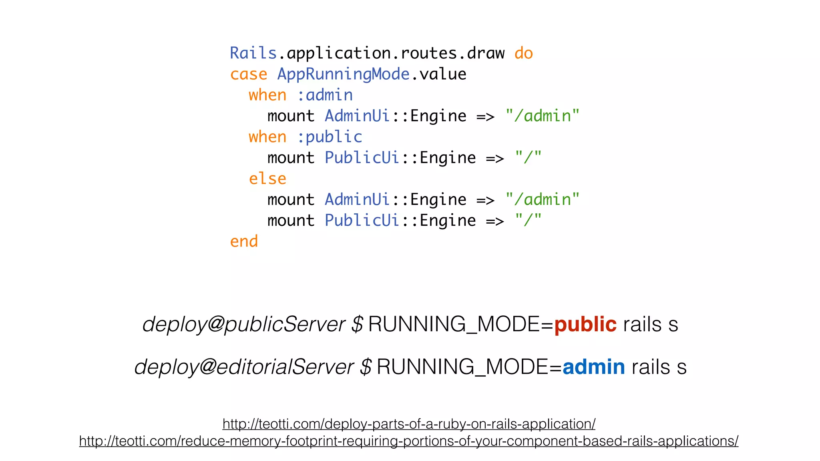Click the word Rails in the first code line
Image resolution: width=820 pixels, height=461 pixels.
[x=253, y=53]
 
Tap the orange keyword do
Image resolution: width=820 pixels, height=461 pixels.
[x=523, y=53]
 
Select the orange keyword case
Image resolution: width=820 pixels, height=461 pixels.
[x=248, y=74]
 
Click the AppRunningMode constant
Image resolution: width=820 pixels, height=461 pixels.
[x=343, y=74]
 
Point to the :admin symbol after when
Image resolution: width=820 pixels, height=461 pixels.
[x=325, y=95]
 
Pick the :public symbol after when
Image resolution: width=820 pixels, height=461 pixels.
[x=330, y=137]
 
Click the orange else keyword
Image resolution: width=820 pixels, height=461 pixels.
[x=267, y=178]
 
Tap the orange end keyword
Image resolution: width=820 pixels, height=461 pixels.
[x=244, y=241]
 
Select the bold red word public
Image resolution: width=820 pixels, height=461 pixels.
[x=585, y=324]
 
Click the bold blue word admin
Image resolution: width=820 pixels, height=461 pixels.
[x=593, y=367]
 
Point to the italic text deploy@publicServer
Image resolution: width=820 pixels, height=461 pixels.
[x=243, y=324]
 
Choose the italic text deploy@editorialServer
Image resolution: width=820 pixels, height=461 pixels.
[x=244, y=367]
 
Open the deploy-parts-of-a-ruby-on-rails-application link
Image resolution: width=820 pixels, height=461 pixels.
[x=409, y=424]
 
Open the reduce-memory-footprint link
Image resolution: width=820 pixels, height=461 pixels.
[x=409, y=441]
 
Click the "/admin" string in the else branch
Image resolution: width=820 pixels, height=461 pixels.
[x=542, y=199]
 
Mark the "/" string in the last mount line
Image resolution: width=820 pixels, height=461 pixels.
[x=528, y=220]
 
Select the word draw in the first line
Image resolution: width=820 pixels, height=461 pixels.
[x=485, y=53]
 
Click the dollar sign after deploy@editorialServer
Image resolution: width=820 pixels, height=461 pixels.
[x=366, y=367]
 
